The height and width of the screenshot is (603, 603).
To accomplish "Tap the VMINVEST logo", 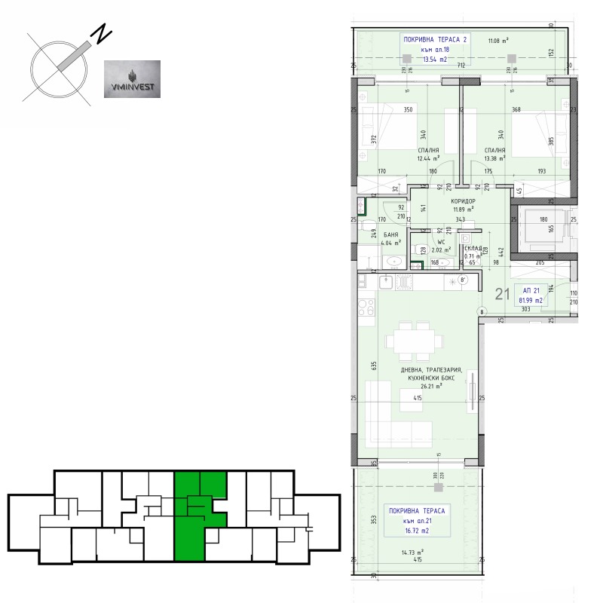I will tap(131, 79).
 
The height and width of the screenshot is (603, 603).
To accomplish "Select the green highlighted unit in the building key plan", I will tap(199, 516).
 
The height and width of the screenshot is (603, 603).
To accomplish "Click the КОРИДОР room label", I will tap(462, 202).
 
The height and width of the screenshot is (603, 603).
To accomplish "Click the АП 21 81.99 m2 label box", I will tap(531, 295).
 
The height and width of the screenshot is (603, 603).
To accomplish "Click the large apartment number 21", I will tap(502, 295).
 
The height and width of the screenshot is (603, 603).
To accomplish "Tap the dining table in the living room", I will tap(412, 341).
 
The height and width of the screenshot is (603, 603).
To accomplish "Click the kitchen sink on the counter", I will tap(385, 281).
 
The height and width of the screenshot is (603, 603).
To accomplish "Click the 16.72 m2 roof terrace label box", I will tap(417, 520).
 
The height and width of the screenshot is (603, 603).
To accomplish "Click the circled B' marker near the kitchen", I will tap(464, 280).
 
